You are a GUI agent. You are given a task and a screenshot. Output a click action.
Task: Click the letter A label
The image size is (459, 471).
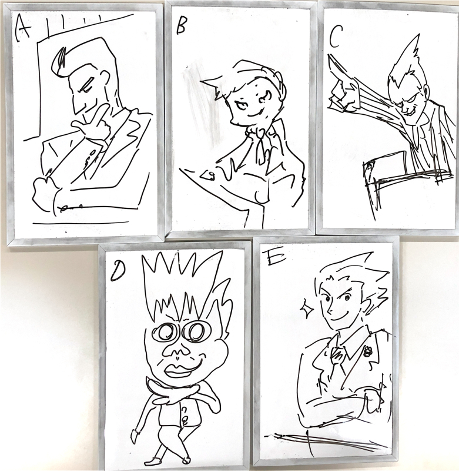(x=23, y=28)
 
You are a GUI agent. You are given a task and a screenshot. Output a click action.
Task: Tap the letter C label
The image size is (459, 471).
(x=335, y=39)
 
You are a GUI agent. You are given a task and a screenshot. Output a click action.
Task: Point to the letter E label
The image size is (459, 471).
(x=273, y=258)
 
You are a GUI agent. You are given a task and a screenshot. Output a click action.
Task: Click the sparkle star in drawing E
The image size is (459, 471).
(x=307, y=310)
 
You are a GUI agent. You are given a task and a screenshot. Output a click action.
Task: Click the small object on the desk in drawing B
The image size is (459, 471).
(x=208, y=175)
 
